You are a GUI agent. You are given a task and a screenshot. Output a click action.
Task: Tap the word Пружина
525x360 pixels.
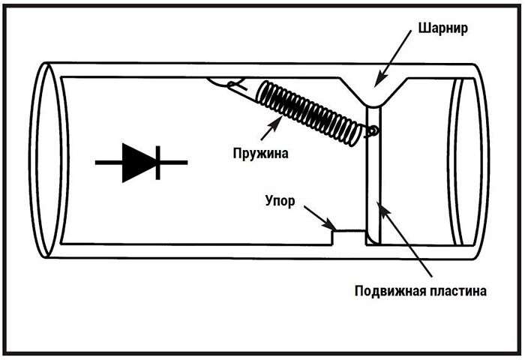[259, 153]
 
